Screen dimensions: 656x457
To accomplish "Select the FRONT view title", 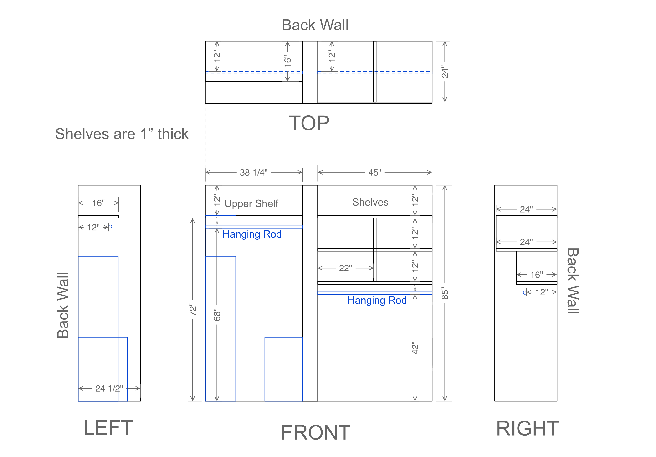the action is click(x=316, y=432).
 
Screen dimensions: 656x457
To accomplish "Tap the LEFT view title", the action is click(x=108, y=428).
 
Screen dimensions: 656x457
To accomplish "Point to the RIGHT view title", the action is click(x=528, y=428).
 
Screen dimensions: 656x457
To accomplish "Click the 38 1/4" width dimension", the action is click(x=254, y=172).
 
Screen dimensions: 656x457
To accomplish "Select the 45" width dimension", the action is click(x=374, y=172).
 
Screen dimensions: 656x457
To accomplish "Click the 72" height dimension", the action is click(x=193, y=310).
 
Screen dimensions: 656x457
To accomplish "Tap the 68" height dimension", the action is click(x=217, y=314).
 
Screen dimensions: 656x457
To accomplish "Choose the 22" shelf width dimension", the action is click(x=345, y=268).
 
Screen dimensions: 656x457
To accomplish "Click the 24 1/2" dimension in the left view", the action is click(x=109, y=388).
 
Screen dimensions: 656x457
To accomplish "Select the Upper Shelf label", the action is click(x=251, y=203).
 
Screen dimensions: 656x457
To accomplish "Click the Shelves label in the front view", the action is click(x=370, y=202).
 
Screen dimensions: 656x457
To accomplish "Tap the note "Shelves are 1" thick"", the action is click(x=122, y=134).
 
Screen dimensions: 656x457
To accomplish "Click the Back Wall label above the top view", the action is click(x=315, y=25).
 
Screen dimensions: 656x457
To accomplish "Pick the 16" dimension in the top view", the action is click(x=287, y=61).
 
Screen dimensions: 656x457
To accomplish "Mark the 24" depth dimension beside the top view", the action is click(x=445, y=72).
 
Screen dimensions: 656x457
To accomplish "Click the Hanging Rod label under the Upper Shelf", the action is click(x=252, y=234).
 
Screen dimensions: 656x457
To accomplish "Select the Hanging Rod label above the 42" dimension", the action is click(x=377, y=300).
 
